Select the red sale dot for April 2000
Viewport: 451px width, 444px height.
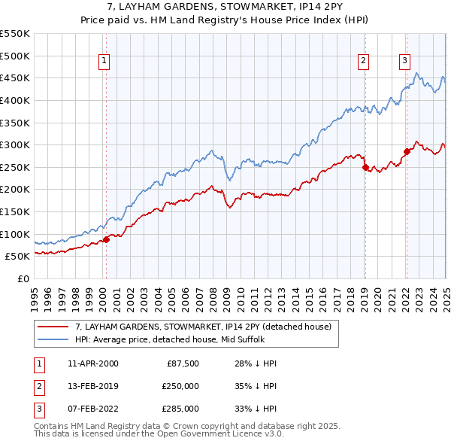[106, 239]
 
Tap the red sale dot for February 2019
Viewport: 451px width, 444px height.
[365, 168]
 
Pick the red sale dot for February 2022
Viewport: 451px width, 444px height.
[406, 151]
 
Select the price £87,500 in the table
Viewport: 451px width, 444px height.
[180, 363]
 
